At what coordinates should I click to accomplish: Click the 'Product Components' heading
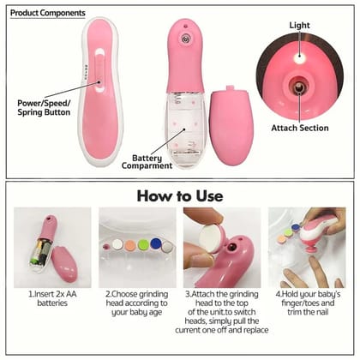(47, 14)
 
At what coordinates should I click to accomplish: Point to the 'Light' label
(300, 27)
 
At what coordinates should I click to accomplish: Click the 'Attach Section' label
(298, 128)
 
